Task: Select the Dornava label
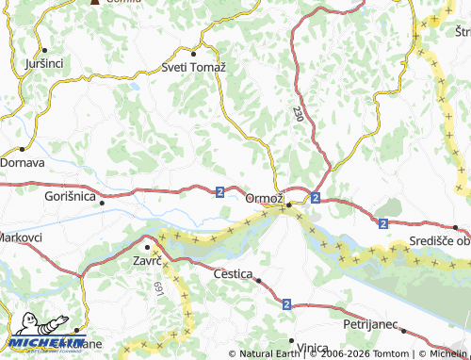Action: click(x=22, y=162)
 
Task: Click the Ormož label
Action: click(x=264, y=198)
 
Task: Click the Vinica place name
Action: click(x=317, y=347)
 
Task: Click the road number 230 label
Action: click(x=298, y=113)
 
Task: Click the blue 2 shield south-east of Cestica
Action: click(x=285, y=304)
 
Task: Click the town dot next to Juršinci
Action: click(x=44, y=50)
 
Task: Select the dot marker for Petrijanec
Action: click(x=402, y=331)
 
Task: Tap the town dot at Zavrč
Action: click(x=147, y=247)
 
